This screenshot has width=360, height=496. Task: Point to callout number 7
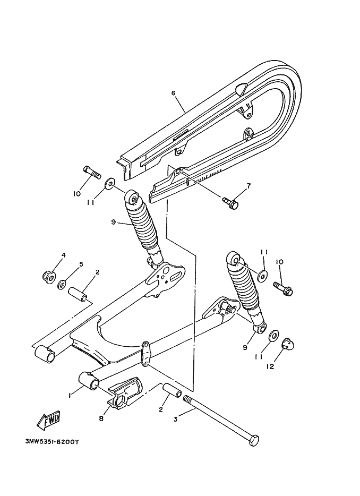pos(247,186)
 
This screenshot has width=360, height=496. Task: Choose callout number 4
pos(63,255)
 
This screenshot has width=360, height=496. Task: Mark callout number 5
pos(81,264)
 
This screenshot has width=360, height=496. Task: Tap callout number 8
pos(101,418)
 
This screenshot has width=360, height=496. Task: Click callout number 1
pos(70,395)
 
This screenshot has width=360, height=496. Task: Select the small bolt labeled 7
pos(230,201)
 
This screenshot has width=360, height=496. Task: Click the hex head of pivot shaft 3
pos(255,440)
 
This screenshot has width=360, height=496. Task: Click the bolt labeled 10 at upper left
pos(92,172)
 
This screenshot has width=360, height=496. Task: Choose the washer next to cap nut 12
pos(273,336)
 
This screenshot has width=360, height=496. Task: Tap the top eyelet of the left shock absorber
pos(132,199)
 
